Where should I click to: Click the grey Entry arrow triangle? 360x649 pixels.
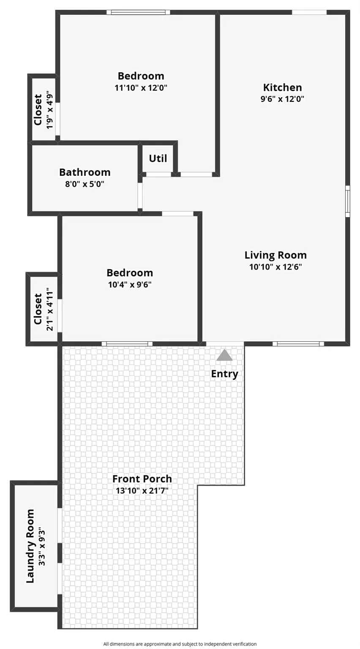click(224, 356)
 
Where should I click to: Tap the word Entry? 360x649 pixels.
click(224, 374)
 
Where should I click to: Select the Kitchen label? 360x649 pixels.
click(282, 87)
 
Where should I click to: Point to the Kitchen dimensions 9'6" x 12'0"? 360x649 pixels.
click(282, 99)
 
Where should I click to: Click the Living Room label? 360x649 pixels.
click(275, 255)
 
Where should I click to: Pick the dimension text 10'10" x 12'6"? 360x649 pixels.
click(275, 267)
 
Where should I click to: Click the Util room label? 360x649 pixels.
click(158, 158)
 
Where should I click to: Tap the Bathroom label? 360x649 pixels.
click(85, 172)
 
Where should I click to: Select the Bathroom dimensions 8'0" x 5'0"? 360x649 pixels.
click(85, 184)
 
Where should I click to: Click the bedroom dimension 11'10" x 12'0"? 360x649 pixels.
click(141, 88)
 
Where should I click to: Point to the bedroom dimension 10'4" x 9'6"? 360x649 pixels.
click(130, 284)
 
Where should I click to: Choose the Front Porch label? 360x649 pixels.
click(142, 479)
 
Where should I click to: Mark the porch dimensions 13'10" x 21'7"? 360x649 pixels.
click(142, 491)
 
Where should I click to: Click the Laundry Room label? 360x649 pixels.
click(30, 546)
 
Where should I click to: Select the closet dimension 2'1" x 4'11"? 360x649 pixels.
click(50, 309)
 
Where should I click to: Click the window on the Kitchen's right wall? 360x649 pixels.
click(348, 201)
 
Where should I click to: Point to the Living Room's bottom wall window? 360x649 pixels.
click(298, 344)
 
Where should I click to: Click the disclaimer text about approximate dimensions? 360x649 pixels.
click(180, 644)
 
